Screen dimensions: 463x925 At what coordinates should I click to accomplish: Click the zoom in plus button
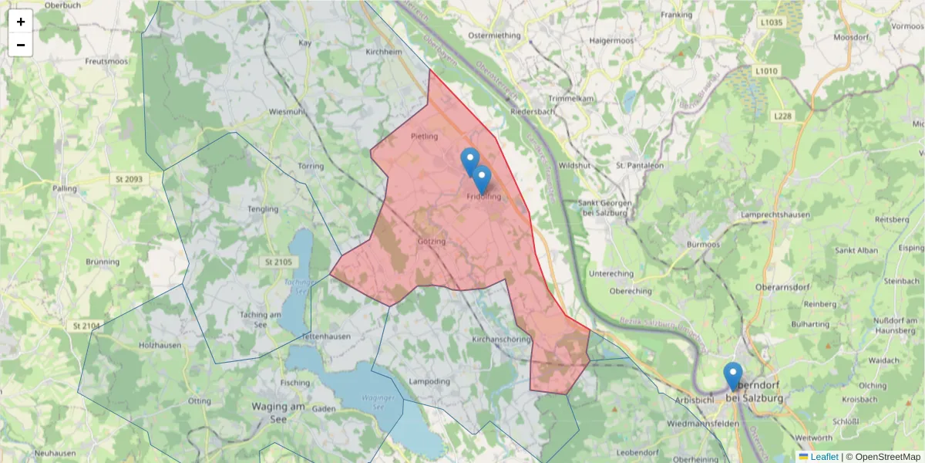21,22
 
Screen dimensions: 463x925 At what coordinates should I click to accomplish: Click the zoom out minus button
21,45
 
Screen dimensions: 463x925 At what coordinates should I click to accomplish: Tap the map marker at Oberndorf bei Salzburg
733,377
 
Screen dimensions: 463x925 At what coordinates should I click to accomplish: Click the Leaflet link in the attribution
824,457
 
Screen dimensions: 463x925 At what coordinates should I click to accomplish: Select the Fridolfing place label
484,197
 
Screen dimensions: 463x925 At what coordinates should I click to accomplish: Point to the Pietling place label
425,137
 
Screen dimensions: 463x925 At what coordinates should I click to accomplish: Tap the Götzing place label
432,241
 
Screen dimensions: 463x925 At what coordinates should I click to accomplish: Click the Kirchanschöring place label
499,340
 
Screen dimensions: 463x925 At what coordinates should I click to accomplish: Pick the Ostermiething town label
495,35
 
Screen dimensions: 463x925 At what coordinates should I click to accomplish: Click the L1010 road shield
766,71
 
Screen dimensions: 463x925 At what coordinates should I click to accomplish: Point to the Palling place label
65,188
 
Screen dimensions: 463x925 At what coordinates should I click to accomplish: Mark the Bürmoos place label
703,245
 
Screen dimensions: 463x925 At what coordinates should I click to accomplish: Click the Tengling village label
263,209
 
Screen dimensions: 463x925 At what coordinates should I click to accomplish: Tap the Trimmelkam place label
570,99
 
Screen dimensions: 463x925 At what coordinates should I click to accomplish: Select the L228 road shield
782,115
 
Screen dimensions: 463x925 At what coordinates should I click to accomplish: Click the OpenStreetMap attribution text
888,457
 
